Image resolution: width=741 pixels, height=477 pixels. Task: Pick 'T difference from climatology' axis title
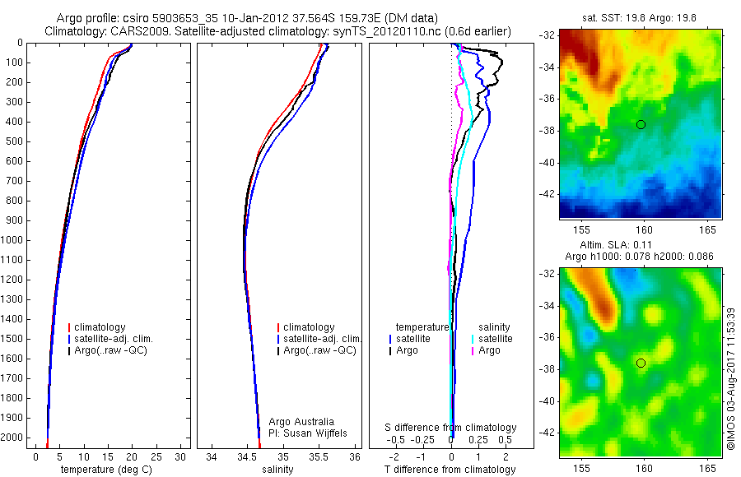pyautogui.click(x=450, y=470)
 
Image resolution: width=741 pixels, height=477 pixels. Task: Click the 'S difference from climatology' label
pyautogui.click(x=450, y=428)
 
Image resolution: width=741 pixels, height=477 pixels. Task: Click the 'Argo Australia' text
pyautogui.click(x=303, y=420)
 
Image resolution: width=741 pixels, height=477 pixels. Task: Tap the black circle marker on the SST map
pyautogui.click(x=641, y=124)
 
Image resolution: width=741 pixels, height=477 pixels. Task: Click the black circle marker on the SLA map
pyautogui.click(x=641, y=363)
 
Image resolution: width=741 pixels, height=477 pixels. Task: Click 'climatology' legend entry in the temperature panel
pyautogui.click(x=100, y=327)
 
